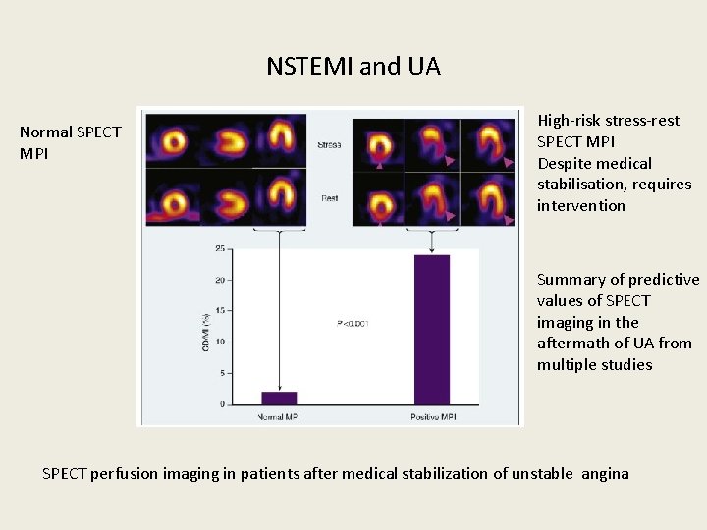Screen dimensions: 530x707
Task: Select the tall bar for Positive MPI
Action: point(432,330)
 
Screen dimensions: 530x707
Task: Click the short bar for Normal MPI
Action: point(279,397)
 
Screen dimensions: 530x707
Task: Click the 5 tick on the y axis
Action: point(221,373)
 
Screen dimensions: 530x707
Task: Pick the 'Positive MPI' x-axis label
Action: point(432,417)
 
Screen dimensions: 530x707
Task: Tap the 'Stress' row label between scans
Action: point(329,145)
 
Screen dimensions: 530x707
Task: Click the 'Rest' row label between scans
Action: point(329,198)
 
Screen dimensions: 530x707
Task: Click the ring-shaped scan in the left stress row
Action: point(174,140)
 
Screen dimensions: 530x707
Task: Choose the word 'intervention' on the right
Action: point(580,206)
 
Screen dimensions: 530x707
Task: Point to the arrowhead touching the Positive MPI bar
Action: point(432,252)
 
